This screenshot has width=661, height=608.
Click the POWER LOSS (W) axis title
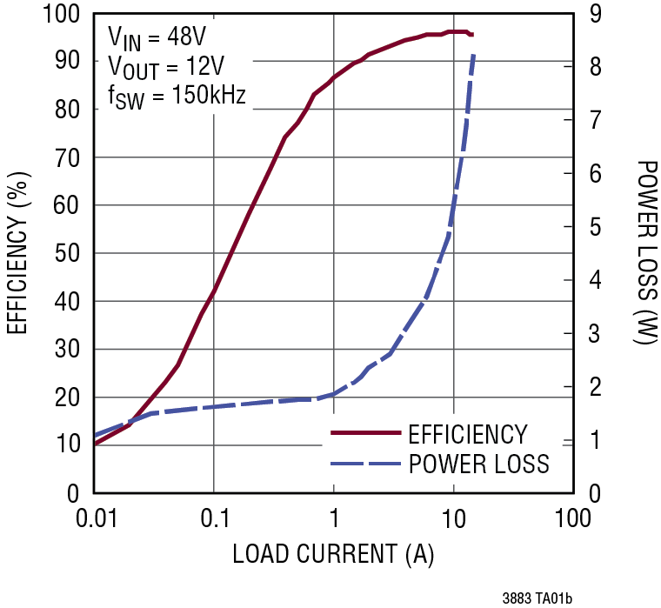point(645,252)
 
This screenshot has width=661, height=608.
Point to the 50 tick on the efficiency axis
point(70,254)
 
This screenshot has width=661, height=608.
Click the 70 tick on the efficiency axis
point(70,158)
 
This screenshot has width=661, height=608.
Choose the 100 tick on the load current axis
point(572,519)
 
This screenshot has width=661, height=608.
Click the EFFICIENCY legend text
point(467,434)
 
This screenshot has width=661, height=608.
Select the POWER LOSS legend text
point(478,464)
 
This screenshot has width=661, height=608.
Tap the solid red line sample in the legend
point(364,433)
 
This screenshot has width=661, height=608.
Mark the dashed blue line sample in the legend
point(364,463)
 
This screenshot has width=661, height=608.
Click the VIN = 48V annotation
point(157,37)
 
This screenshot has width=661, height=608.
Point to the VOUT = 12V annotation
point(163,67)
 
